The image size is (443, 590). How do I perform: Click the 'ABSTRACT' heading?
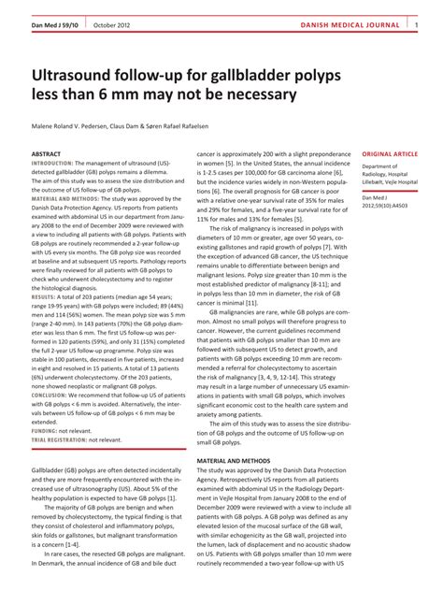(47, 153)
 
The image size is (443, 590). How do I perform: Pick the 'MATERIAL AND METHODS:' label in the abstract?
(67, 199)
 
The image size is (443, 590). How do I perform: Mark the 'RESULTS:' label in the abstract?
(44, 295)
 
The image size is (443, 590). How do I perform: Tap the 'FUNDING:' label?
(45, 429)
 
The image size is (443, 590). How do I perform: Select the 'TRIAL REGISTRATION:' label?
(63, 439)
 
